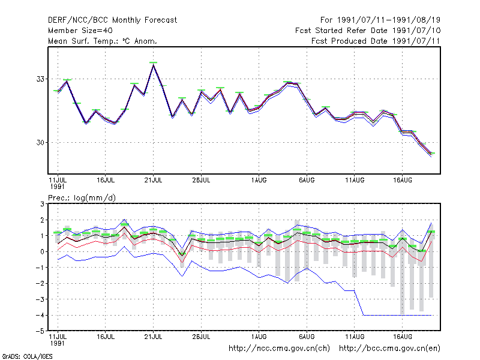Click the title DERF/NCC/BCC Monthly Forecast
[112, 20]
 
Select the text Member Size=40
[80, 31]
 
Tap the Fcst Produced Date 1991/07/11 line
[376, 41]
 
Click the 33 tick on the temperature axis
[40, 79]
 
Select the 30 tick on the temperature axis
[40, 143]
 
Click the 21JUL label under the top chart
[153, 181]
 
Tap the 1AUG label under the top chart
[259, 181]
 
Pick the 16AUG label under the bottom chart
[403, 337]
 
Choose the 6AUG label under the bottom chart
[307, 337]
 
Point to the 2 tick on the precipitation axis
[42, 220]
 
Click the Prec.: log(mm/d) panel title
[82, 198]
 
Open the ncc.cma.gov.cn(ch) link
[279, 349]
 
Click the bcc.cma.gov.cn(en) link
[389, 349]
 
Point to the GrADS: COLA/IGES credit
[27, 356]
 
